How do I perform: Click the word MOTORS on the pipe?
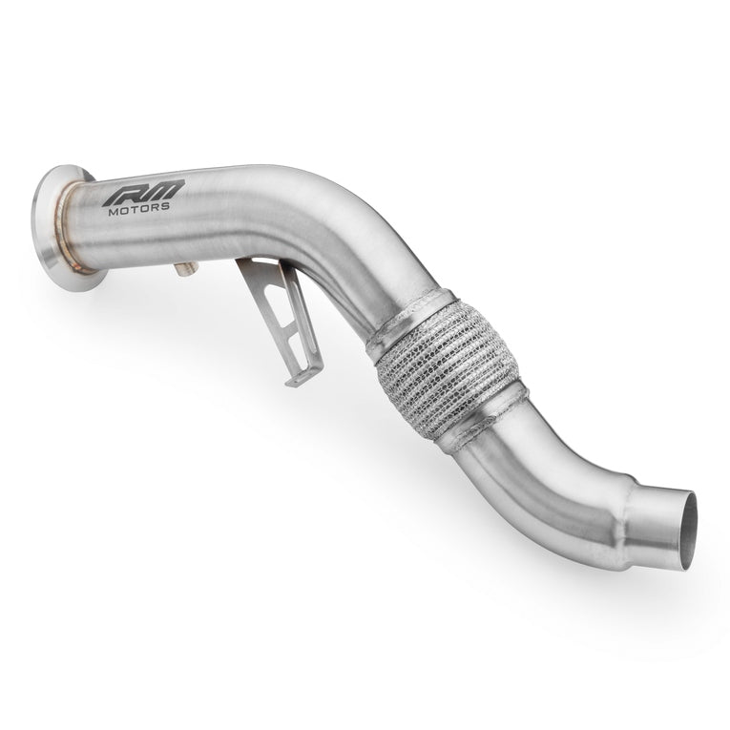click(138, 209)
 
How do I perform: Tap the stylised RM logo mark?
click(143, 192)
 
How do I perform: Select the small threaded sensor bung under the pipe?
click(185, 269)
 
